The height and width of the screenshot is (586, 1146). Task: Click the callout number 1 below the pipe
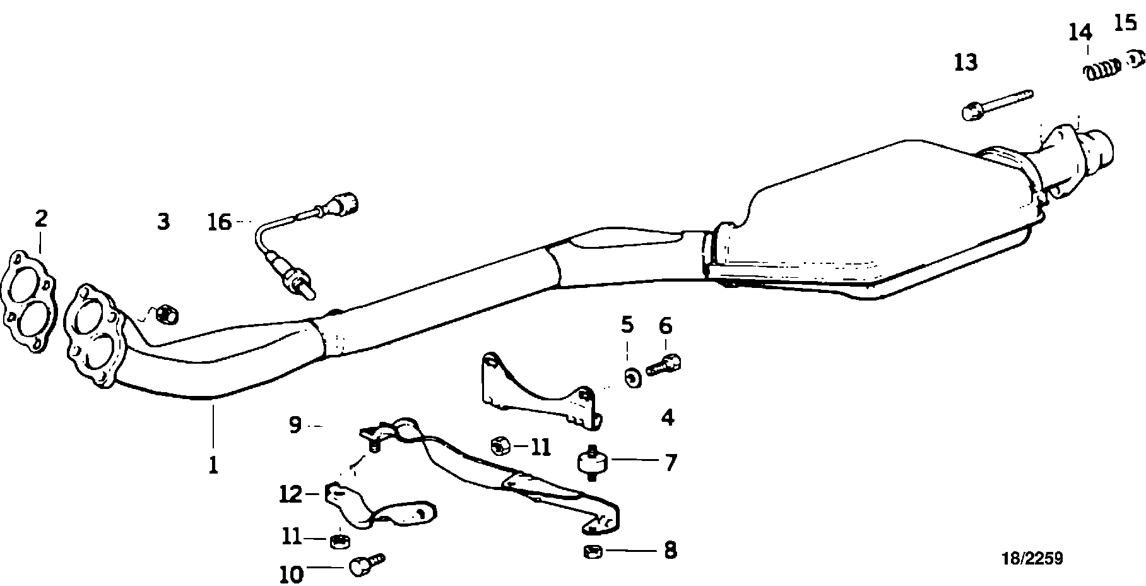click(213, 465)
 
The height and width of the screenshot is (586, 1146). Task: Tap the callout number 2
click(41, 219)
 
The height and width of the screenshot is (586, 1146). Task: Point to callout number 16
click(220, 222)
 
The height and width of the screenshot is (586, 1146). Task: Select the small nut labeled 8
click(591, 553)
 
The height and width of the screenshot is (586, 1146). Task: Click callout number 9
click(295, 425)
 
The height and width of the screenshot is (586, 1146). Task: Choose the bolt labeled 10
click(365, 563)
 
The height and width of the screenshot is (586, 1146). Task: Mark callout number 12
click(291, 493)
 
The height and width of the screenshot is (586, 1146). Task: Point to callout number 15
click(1125, 23)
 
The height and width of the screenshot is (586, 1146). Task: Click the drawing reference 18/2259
click(1033, 558)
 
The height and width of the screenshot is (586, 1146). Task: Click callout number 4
click(668, 417)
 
